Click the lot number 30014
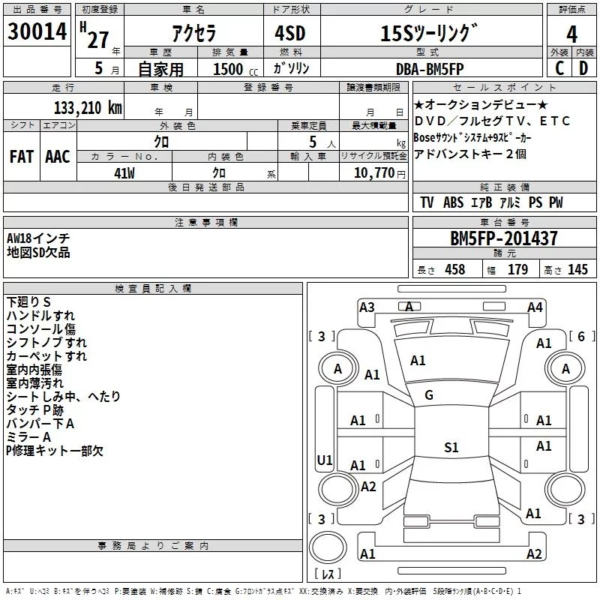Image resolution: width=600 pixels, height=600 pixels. click(37, 32)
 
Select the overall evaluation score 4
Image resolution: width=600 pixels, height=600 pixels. click(571, 34)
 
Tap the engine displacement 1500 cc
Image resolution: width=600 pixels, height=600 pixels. click(234, 70)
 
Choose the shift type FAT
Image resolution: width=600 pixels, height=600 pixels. click(21, 157)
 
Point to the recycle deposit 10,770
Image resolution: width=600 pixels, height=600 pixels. click(373, 173)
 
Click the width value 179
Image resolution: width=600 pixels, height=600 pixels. click(518, 269)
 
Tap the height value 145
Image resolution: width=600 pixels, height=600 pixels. click(577, 269)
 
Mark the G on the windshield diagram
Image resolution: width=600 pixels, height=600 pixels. click(429, 395)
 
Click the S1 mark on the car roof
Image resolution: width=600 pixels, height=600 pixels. click(451, 448)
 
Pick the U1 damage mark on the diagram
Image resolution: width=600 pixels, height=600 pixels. click(324, 460)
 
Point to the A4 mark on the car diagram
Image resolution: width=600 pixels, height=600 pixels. click(535, 307)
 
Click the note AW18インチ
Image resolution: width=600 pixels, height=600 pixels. click(38, 238)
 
